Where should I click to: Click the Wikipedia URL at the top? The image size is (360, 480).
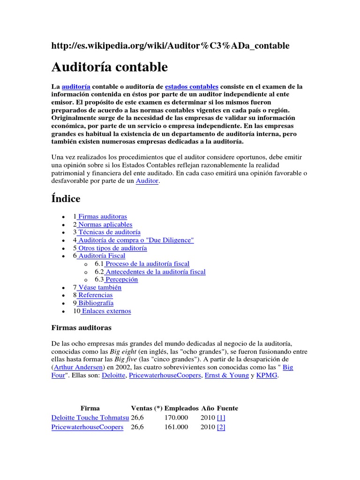[170, 45]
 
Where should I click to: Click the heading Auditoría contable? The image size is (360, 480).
[109, 67]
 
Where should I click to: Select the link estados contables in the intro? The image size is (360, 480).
[192, 86]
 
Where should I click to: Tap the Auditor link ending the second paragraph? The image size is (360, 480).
[147, 181]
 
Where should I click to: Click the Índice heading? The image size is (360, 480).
[66, 199]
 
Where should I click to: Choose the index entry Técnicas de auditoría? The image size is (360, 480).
[109, 232]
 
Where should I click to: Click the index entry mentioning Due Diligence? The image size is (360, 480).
[135, 240]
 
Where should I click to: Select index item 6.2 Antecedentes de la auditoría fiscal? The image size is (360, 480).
[155, 271]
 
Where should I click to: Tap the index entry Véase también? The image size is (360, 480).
[99, 287]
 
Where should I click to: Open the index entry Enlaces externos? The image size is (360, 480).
[106, 311]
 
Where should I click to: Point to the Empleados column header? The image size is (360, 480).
[181, 408]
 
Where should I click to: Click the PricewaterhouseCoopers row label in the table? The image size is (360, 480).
[87, 427]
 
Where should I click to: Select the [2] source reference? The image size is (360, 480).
[221, 427]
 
